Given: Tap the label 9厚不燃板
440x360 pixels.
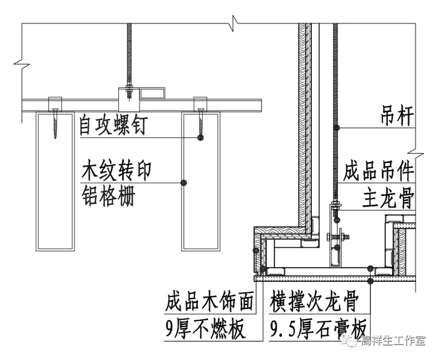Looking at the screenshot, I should click(x=204, y=329).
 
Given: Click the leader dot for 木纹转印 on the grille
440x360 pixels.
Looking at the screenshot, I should click(x=186, y=182).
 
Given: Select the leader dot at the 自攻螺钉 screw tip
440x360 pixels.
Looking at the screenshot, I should click(x=200, y=137).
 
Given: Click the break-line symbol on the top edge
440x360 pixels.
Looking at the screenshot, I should click(x=236, y=23).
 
